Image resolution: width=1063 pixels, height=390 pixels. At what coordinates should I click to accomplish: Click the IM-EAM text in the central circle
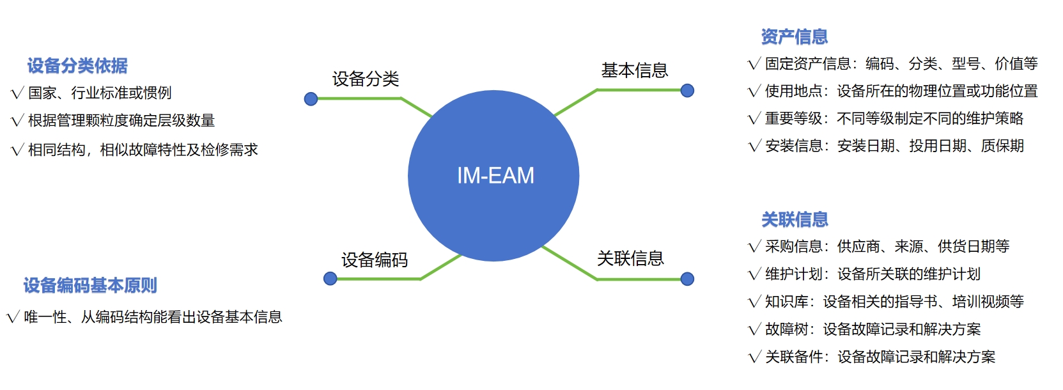495,176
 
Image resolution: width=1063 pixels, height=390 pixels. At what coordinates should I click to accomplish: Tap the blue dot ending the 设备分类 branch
311,99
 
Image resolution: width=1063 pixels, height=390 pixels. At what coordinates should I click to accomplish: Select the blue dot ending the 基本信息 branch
687,91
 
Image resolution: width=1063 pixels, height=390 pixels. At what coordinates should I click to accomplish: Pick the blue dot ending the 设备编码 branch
330,279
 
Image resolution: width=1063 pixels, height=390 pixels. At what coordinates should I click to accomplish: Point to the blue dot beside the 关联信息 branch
687,279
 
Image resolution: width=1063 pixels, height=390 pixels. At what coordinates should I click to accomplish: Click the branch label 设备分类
366,79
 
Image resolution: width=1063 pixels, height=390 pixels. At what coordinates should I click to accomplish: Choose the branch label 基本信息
634,70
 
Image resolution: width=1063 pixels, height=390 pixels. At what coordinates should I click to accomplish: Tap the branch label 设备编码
374,260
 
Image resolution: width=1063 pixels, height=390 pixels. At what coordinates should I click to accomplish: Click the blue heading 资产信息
795,37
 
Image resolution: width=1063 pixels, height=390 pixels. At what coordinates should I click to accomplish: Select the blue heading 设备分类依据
77,66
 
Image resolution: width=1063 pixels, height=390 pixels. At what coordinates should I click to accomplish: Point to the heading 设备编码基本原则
90,286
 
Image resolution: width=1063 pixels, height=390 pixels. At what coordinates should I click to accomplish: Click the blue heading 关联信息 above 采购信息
795,220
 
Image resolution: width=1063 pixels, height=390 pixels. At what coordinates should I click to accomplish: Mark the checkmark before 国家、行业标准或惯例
17,94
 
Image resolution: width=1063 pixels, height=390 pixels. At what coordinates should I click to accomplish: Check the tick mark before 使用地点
754,91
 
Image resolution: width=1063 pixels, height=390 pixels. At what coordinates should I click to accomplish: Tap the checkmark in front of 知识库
754,302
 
